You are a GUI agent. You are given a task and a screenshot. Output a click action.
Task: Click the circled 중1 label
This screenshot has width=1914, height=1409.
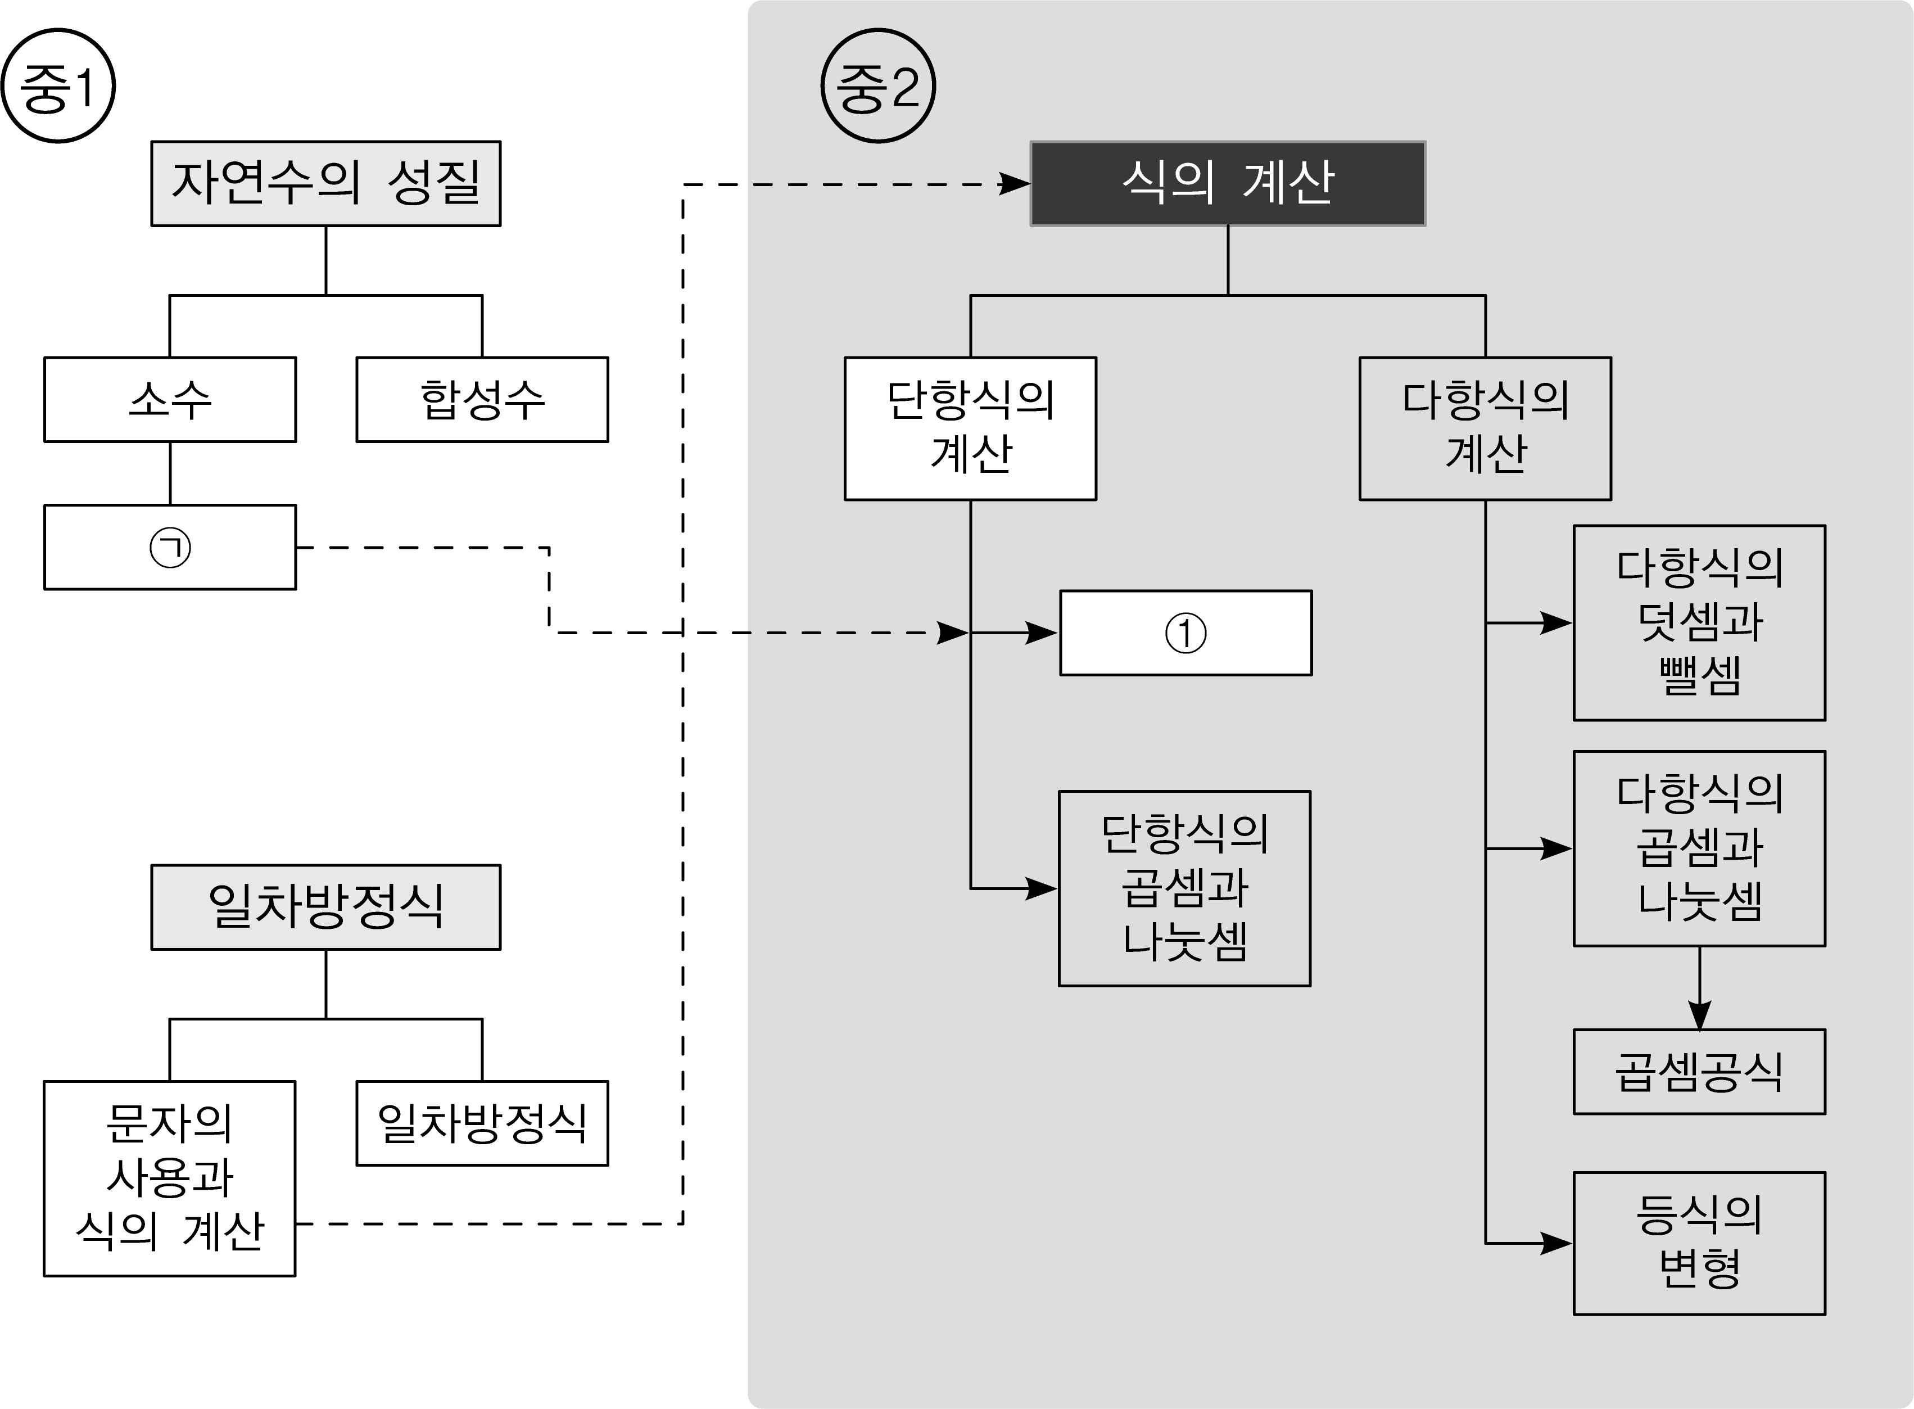(58, 85)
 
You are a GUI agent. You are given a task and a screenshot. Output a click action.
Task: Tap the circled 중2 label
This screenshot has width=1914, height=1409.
(878, 85)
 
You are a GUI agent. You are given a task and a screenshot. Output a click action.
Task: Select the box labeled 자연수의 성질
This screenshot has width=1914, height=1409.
(325, 183)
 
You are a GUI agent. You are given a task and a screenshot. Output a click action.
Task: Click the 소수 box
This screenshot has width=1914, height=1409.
(170, 399)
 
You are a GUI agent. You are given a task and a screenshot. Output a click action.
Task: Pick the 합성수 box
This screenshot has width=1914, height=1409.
(482, 399)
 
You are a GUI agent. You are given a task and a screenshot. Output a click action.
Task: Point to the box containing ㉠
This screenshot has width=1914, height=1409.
(170, 547)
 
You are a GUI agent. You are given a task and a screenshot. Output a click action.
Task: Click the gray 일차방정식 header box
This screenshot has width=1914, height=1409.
(325, 907)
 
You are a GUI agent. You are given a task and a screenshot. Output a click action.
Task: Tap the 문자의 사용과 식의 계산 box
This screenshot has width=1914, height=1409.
(170, 1178)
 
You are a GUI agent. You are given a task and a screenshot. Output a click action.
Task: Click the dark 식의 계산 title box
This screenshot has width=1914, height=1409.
(1228, 183)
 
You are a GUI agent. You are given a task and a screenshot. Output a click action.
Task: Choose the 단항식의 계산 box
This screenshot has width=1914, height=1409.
(970, 428)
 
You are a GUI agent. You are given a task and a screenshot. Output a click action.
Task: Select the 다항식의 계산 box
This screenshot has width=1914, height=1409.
(1485, 428)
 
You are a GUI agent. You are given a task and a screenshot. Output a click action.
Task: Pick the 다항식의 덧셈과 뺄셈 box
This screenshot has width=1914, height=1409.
(1699, 622)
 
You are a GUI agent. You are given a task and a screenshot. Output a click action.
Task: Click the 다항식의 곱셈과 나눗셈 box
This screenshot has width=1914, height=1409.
(1699, 848)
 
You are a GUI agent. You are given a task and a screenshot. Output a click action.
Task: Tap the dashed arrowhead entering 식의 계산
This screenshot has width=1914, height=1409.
(1015, 183)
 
